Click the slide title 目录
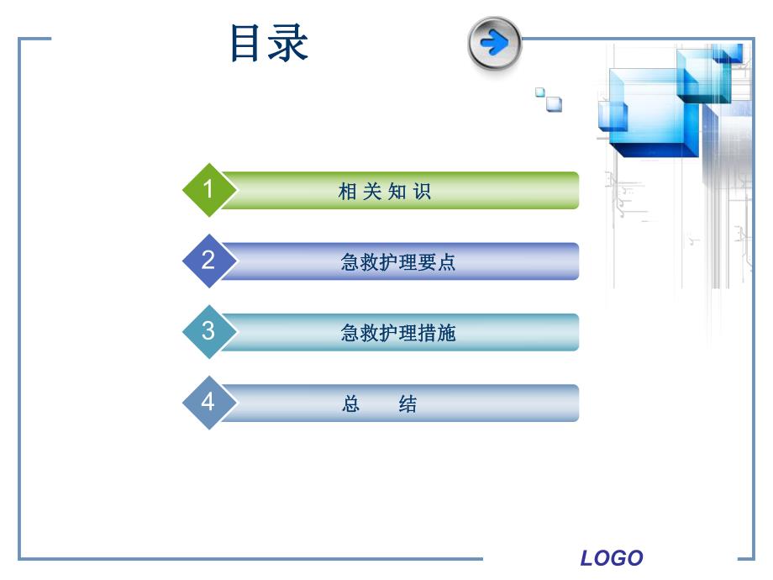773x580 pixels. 269,44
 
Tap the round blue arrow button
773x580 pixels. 495,43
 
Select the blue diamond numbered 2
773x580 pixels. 208,261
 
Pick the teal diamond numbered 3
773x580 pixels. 208,331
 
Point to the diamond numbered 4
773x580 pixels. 208,403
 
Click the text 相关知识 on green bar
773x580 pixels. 385,192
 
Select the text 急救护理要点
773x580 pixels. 397,262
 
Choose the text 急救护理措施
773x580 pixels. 397,333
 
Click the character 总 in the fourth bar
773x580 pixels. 351,404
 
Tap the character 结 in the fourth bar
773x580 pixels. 408,404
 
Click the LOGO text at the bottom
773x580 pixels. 612,558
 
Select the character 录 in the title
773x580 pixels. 290,44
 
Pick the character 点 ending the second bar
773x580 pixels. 447,262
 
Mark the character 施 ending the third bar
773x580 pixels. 447,333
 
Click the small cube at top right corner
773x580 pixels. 728,53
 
